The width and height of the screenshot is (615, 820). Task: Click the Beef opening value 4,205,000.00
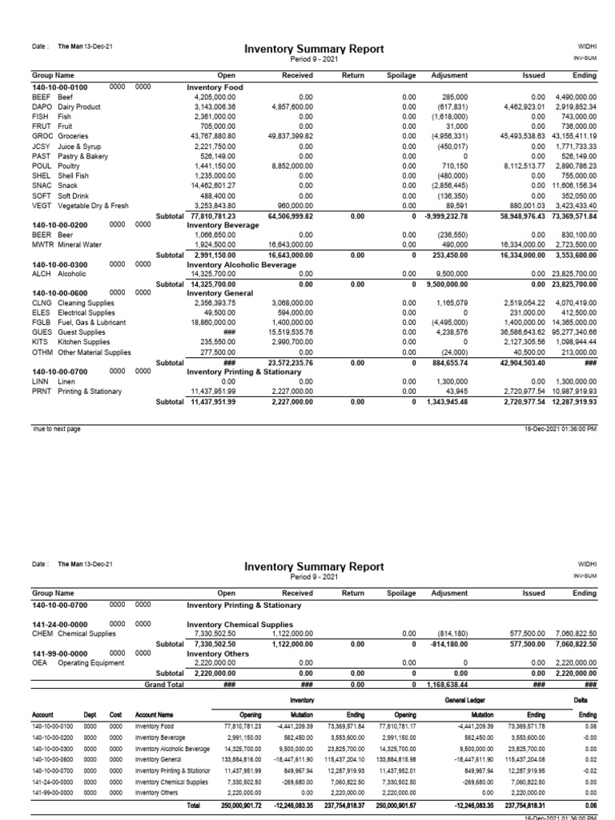(x=215, y=95)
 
